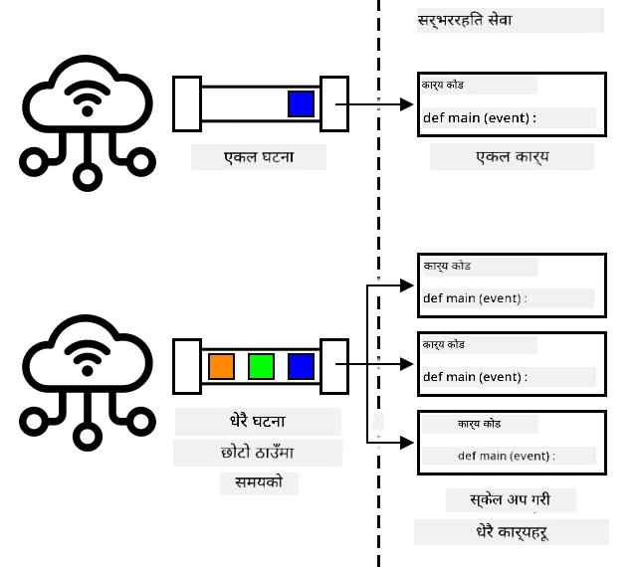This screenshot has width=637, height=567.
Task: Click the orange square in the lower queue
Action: [221, 366]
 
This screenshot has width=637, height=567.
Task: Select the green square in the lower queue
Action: [261, 366]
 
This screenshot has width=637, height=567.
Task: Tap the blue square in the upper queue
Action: [301, 104]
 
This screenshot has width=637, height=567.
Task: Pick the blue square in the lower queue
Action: [301, 366]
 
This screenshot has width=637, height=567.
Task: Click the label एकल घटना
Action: [259, 157]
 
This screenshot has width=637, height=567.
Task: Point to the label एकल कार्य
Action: [513, 157]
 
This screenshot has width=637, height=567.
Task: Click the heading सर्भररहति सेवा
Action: [465, 20]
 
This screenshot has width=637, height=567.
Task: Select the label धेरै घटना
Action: [258, 421]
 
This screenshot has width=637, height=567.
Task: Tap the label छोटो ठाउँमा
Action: [257, 452]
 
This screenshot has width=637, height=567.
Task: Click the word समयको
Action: [259, 482]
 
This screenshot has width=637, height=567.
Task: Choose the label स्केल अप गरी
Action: [510, 499]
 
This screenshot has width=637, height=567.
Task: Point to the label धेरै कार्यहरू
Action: [512, 532]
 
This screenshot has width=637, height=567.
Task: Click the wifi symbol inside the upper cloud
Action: [87, 98]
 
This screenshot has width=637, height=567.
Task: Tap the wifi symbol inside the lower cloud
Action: [87, 358]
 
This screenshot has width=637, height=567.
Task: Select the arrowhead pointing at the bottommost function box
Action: [407, 443]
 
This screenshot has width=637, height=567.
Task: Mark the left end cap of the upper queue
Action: [187, 104]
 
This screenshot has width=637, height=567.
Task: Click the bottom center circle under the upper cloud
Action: [87, 177]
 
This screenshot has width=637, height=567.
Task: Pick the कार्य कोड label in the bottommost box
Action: [479, 424]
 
